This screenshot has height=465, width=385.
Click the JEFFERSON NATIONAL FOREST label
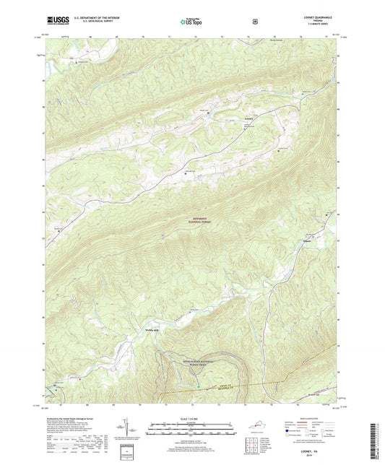(193, 219)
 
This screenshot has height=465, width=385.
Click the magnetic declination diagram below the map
(137, 431)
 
